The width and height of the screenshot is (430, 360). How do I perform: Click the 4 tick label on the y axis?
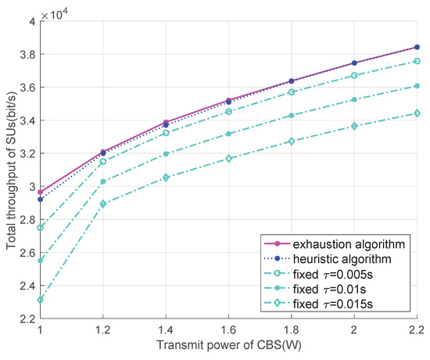pos(31,21)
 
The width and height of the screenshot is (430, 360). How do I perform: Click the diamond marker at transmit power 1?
pos(40,300)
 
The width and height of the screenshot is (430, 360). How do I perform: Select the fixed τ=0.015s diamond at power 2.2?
pos(416,113)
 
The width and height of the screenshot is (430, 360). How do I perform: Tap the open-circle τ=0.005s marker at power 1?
pos(40,228)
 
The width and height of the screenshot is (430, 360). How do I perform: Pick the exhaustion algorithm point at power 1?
pos(40,192)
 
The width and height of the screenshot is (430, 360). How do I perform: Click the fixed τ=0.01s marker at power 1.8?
pos(291,116)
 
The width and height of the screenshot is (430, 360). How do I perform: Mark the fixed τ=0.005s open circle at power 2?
pos(353,75)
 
